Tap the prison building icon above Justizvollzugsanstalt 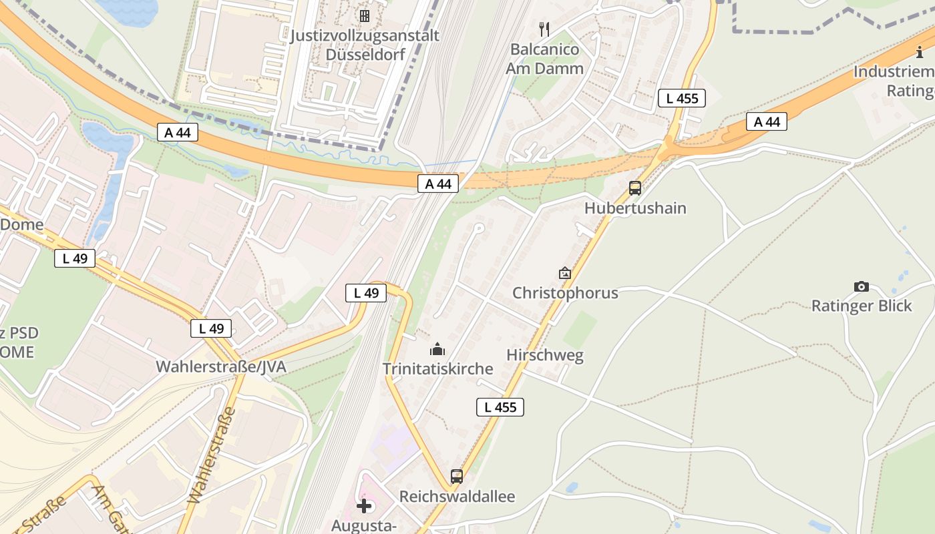[x=365, y=15]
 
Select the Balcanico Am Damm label [x=544, y=59]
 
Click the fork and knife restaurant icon [x=544, y=29]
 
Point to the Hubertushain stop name [x=635, y=208]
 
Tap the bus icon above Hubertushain [x=635, y=188]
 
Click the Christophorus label [x=565, y=293]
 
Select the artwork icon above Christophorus [x=565, y=272]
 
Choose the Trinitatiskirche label [x=437, y=368]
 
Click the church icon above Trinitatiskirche [x=437, y=348]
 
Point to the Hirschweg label [x=545, y=355]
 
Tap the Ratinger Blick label [x=862, y=306]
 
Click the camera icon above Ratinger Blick [x=862, y=286]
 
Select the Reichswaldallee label [x=457, y=497]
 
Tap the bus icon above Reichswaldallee [x=457, y=477]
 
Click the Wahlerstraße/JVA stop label [x=221, y=366]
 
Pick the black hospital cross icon [x=364, y=506]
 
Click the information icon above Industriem [x=920, y=51]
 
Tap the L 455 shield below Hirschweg [x=500, y=407]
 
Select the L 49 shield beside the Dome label [x=75, y=258]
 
